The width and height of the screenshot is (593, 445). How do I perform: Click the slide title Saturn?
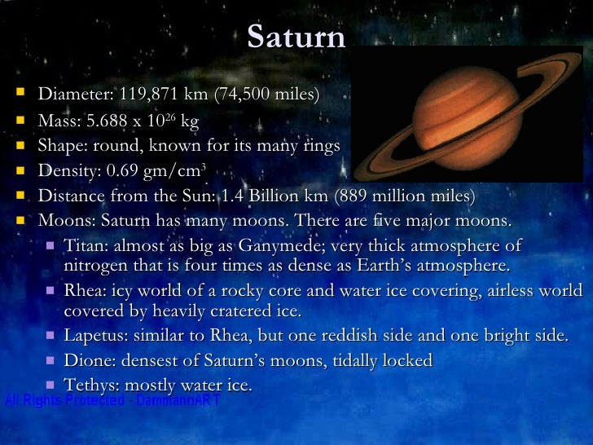[296, 36]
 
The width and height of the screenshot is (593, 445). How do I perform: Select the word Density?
[66, 171]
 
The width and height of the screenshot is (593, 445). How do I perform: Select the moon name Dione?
[86, 360]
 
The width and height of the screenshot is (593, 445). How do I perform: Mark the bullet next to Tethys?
[51, 384]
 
